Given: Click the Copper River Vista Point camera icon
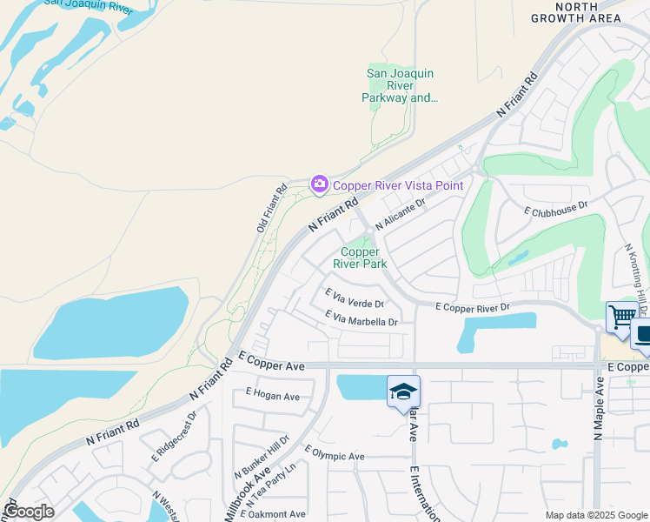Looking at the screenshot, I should pyautogui.click(x=319, y=184).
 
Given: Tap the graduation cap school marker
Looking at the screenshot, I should pyautogui.click(x=403, y=392).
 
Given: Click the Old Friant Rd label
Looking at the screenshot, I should pyautogui.click(x=270, y=209).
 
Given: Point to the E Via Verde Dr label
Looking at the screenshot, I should pyautogui.click(x=354, y=298).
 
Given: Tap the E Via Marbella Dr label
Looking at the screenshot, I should pyautogui.click(x=361, y=319).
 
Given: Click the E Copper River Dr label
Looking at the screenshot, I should pyautogui.click(x=472, y=307).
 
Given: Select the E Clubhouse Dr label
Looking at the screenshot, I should pyautogui.click(x=556, y=209).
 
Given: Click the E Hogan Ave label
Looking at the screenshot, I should pyautogui.click(x=272, y=396).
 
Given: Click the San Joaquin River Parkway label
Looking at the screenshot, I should pyautogui.click(x=400, y=85).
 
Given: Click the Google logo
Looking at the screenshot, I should pyautogui.click(x=28, y=512).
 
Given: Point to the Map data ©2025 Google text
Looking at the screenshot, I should pyautogui.click(x=595, y=515).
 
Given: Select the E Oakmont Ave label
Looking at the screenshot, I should pyautogui.click(x=275, y=514).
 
